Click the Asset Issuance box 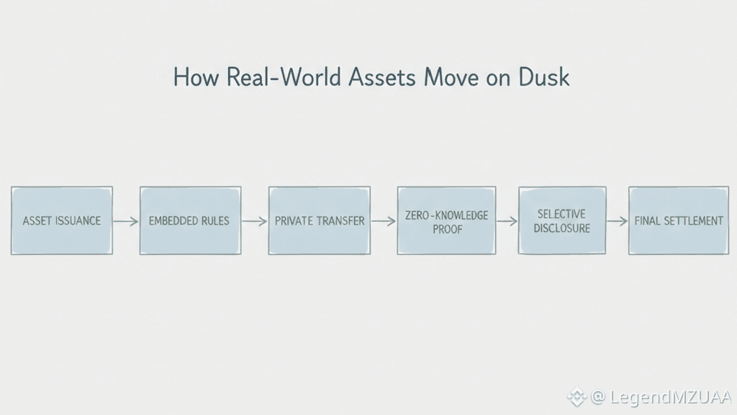62,220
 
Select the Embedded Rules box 190,220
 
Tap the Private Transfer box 320,220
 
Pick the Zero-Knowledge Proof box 447,220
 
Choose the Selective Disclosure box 562,220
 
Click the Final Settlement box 679,220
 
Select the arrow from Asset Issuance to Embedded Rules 126,221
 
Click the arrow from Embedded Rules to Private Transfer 255,221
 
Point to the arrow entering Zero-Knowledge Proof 384,221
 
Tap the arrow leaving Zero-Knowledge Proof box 507,221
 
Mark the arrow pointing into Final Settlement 617,221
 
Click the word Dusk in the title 543,77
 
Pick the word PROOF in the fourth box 447,229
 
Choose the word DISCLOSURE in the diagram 562,228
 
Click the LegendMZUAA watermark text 670,397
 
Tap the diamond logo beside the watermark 577,396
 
